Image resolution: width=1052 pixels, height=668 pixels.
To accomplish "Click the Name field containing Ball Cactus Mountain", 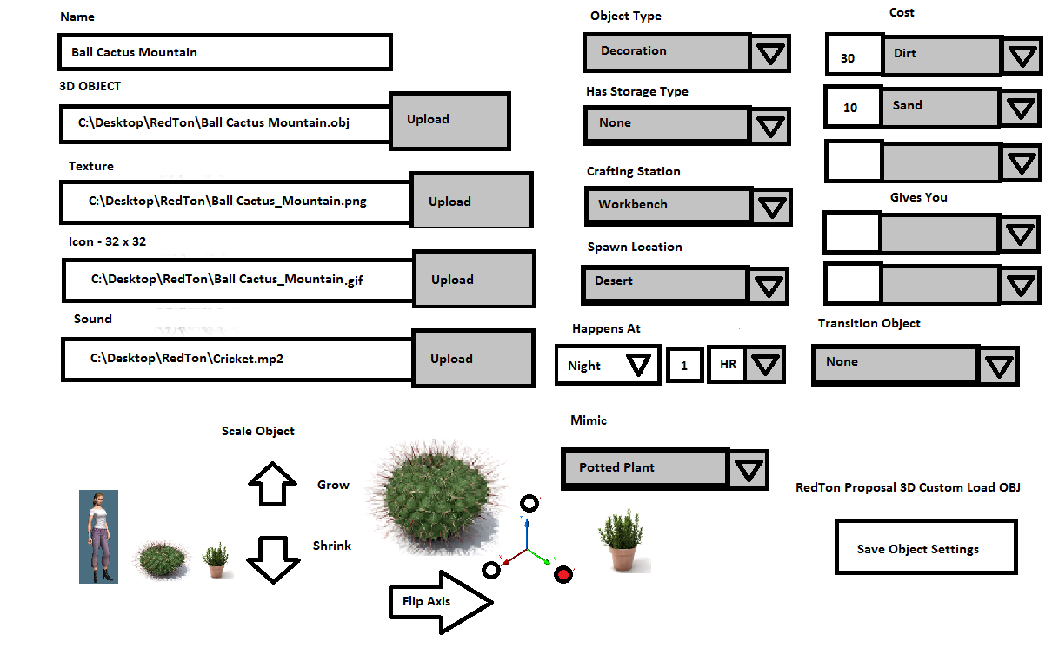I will point(224,52).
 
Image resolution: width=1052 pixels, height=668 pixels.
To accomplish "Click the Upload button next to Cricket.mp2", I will point(473,359).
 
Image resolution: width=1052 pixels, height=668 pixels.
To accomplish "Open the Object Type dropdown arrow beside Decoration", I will point(770,54).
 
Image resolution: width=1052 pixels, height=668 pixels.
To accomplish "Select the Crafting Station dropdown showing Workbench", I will point(667,205).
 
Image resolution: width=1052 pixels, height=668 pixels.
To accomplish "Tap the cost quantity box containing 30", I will point(852,57).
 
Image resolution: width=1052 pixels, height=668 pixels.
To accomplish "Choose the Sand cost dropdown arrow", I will point(1022,109).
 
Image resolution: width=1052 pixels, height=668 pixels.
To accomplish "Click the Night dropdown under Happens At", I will point(608,365).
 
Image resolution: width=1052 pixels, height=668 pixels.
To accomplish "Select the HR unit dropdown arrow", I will point(765,365).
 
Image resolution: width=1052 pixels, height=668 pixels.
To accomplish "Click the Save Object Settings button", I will point(925,548).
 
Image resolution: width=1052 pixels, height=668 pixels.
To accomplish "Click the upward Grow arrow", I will point(273,484).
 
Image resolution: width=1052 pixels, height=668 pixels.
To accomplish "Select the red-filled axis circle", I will point(563,573).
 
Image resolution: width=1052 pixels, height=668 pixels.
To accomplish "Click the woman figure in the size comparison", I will point(98,536).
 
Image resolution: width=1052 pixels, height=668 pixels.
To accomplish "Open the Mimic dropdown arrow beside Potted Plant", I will point(748,470).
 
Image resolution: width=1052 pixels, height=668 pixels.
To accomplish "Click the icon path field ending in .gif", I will point(237,280).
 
